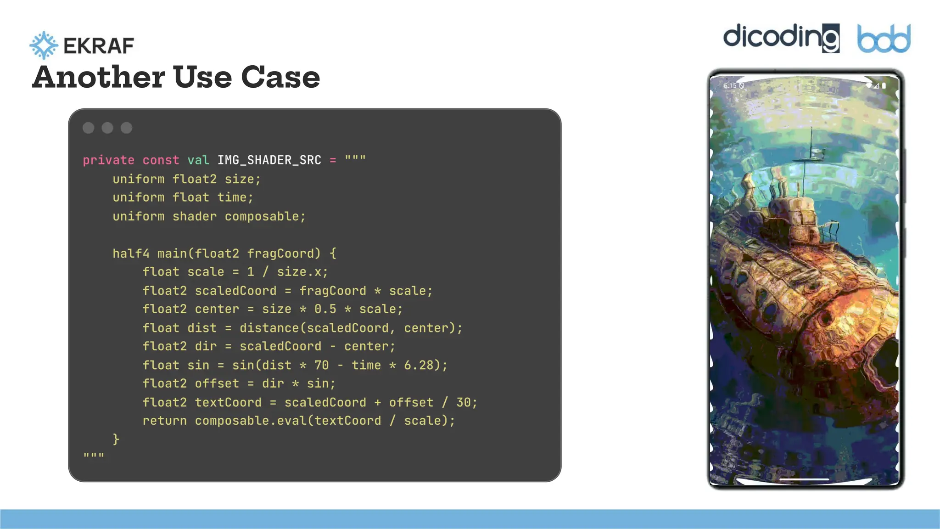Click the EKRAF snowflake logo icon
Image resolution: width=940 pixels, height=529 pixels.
pyautogui.click(x=44, y=45)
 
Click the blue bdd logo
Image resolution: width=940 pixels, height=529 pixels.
pyautogui.click(x=884, y=39)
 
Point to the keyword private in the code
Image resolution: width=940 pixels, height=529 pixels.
pyautogui.click(x=108, y=160)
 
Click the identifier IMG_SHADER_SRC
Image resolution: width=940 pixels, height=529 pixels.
pyautogui.click(x=269, y=160)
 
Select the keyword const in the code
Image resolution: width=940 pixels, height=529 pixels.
pyautogui.click(x=161, y=160)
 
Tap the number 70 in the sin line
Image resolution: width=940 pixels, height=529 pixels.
pyautogui.click(x=321, y=365)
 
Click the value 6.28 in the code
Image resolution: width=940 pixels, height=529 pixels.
pyautogui.click(x=419, y=365)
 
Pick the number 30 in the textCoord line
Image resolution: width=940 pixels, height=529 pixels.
pyautogui.click(x=463, y=402)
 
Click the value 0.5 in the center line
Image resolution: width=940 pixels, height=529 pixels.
pyautogui.click(x=325, y=309)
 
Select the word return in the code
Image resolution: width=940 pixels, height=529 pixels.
pyautogui.click(x=164, y=421)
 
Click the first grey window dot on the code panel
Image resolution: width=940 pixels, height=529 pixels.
pyautogui.click(x=89, y=128)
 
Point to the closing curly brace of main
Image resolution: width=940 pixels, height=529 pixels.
pyautogui.click(x=116, y=439)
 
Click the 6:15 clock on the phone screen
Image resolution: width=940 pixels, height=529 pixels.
pyautogui.click(x=730, y=86)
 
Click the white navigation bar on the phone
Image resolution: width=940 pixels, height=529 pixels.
pyautogui.click(x=804, y=479)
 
